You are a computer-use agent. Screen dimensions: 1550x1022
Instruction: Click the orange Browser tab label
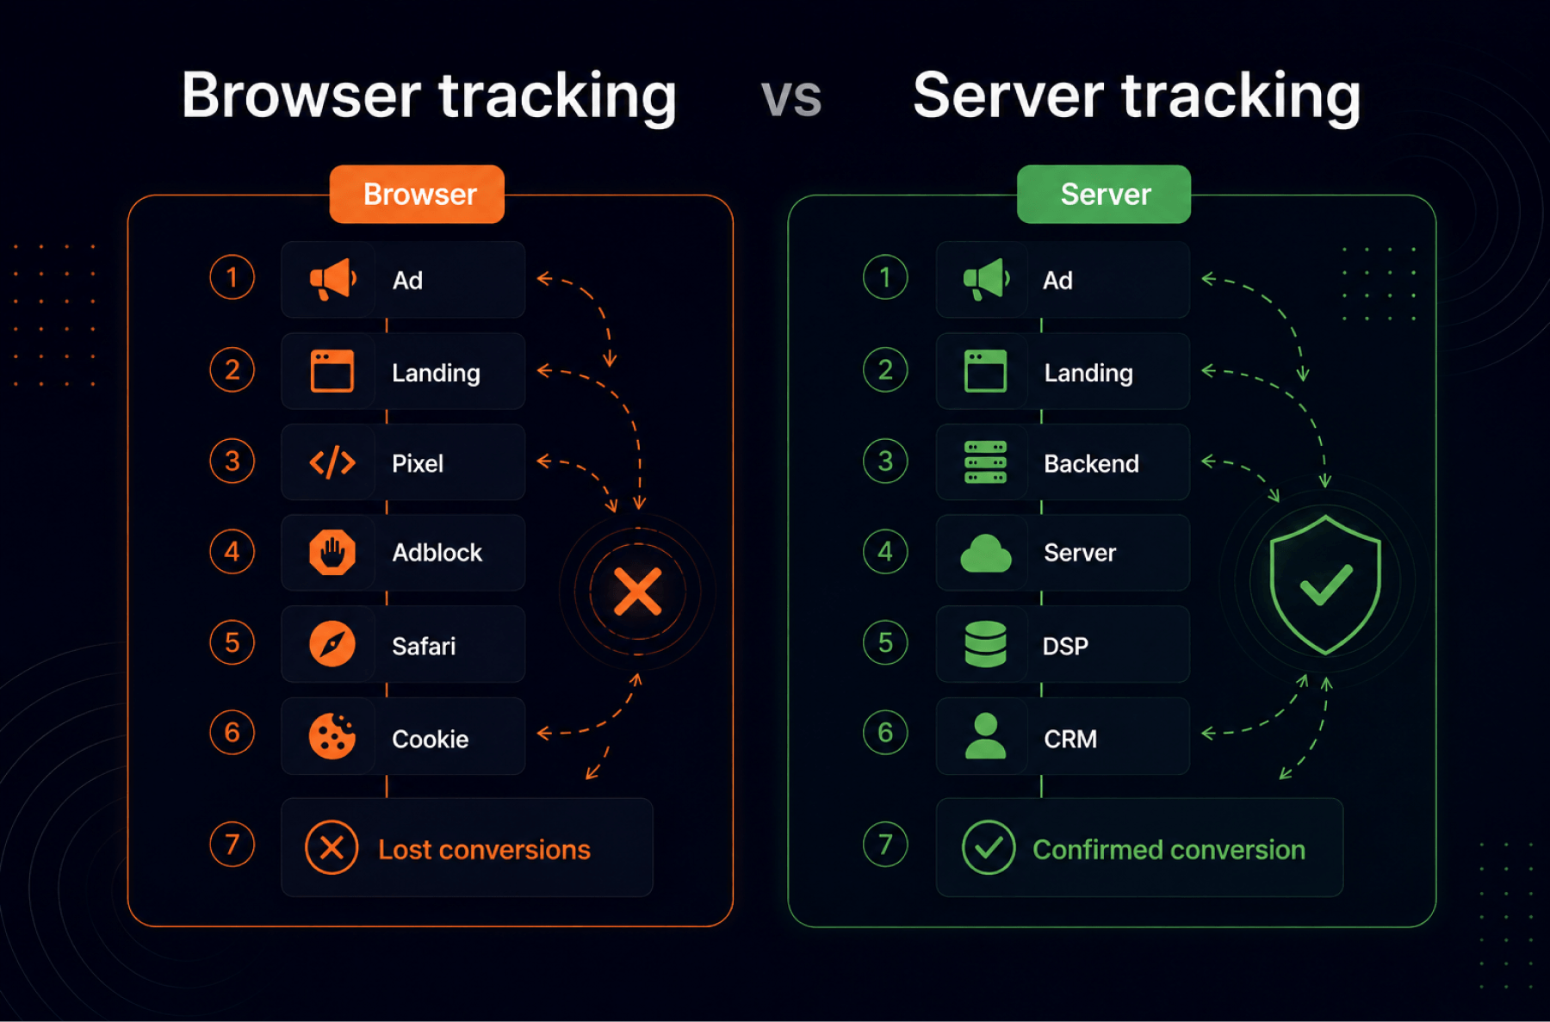pyautogui.click(x=417, y=195)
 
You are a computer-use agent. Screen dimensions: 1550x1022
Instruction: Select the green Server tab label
pyautogui.click(x=1104, y=195)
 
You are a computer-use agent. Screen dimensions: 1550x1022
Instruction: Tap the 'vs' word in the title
pyautogui.click(x=791, y=97)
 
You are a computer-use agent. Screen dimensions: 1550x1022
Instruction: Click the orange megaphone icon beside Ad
pyautogui.click(x=332, y=280)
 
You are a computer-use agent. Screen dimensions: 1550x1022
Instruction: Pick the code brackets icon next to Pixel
pyautogui.click(x=332, y=462)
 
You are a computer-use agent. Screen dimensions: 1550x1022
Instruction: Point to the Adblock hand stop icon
pyautogui.click(x=332, y=552)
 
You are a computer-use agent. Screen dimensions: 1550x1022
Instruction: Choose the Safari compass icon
pyautogui.click(x=332, y=643)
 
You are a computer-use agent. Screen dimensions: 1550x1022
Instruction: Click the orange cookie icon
pyautogui.click(x=332, y=736)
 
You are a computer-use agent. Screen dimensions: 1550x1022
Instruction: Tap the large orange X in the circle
pyautogui.click(x=637, y=592)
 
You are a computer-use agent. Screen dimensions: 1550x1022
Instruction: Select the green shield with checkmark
pyautogui.click(x=1325, y=585)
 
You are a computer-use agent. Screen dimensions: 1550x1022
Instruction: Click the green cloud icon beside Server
pyautogui.click(x=986, y=553)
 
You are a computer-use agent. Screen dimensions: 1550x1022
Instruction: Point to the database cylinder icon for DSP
pyautogui.click(x=986, y=644)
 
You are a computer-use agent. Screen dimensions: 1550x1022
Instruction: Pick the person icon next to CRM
pyautogui.click(x=986, y=736)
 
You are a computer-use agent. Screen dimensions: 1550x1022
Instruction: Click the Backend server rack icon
pyautogui.click(x=986, y=462)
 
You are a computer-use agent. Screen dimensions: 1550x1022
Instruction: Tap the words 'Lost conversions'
pyautogui.click(x=484, y=850)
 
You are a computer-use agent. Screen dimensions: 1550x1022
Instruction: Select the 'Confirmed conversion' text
pyautogui.click(x=1169, y=850)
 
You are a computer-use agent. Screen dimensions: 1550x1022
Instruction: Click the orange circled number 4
pyautogui.click(x=232, y=552)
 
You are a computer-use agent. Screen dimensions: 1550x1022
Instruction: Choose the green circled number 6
pyautogui.click(x=885, y=733)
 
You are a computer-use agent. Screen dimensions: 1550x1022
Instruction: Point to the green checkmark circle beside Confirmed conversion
pyautogui.click(x=989, y=848)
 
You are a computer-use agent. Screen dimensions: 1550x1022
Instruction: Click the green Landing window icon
pyautogui.click(x=986, y=371)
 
